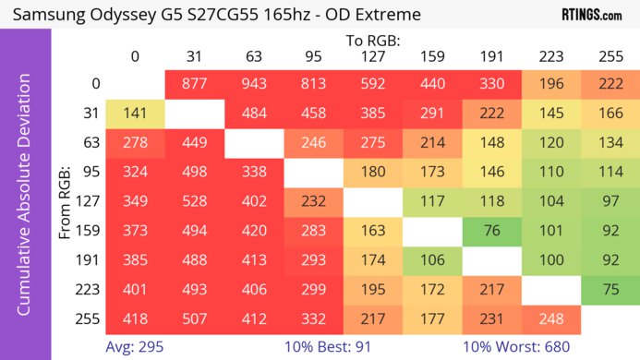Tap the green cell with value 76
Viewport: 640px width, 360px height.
tap(491, 231)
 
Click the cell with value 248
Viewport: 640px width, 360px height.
tap(550, 320)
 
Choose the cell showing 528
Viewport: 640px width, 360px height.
tap(194, 202)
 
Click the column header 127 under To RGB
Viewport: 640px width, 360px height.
tap(372, 57)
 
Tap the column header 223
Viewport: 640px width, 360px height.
tap(550, 57)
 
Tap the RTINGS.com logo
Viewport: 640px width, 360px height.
tap(591, 15)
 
